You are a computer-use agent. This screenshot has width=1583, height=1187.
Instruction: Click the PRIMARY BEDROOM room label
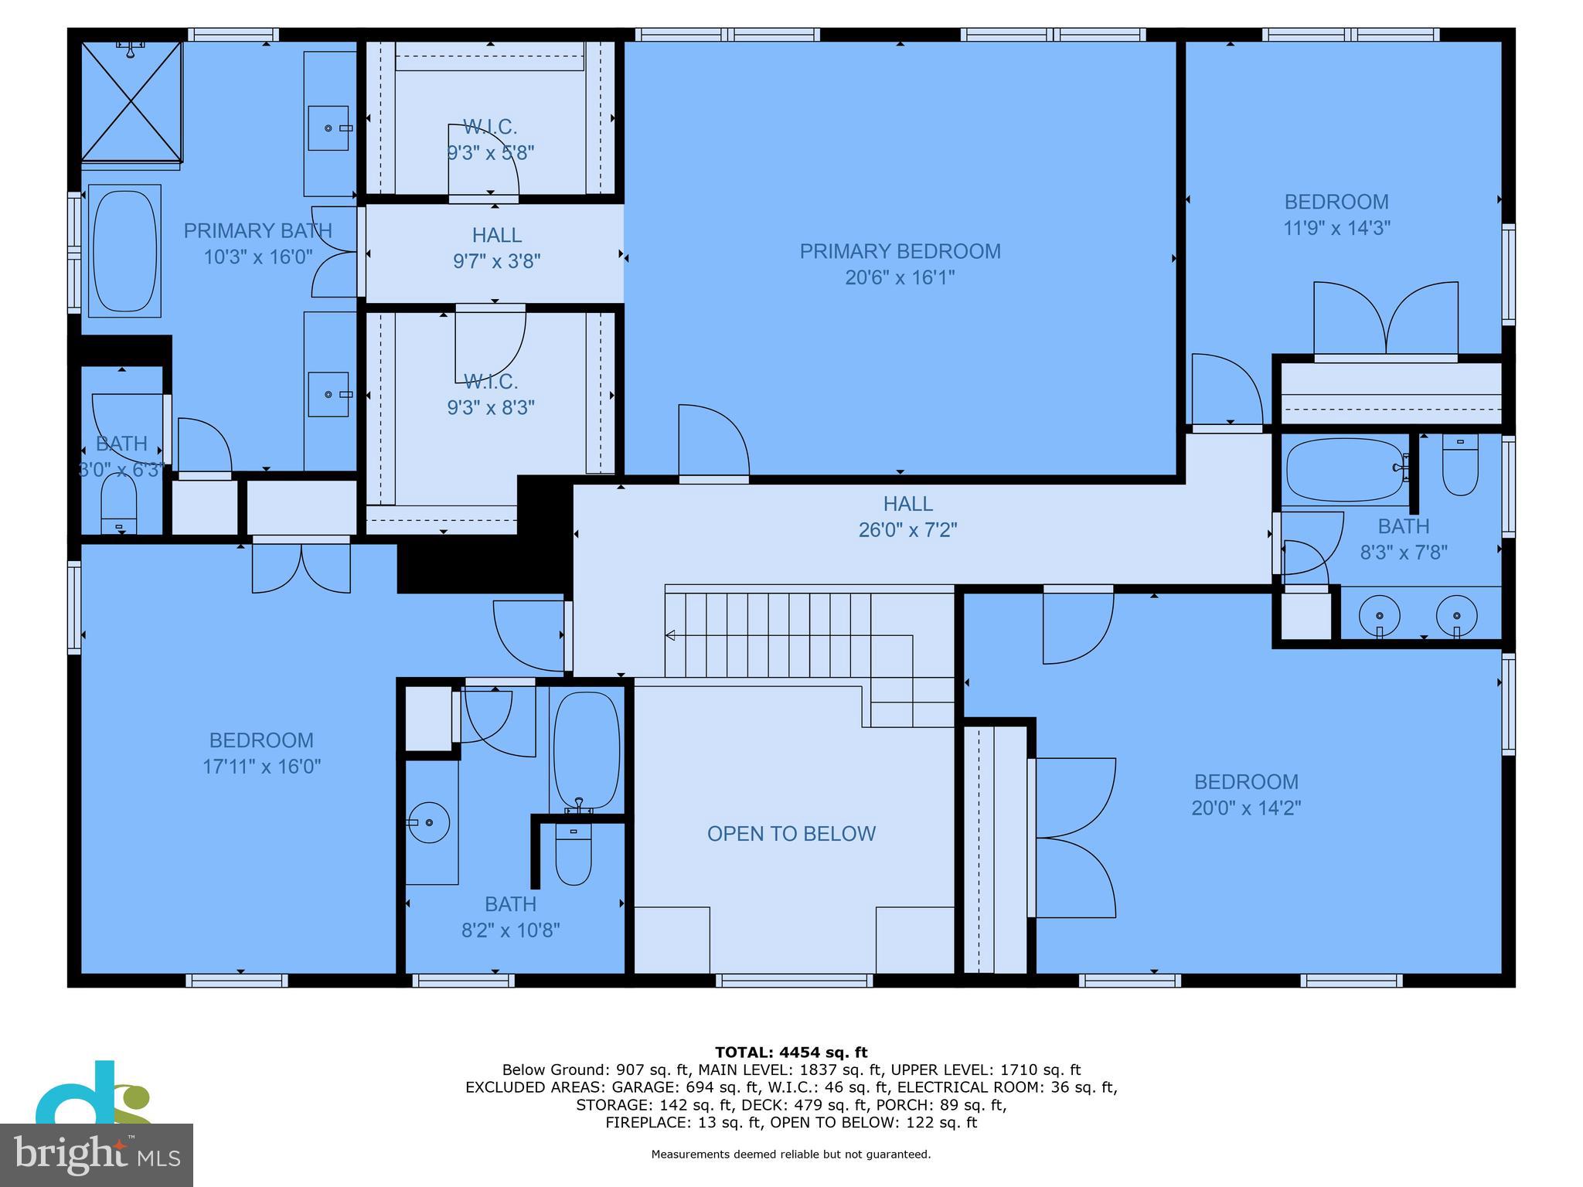click(x=900, y=251)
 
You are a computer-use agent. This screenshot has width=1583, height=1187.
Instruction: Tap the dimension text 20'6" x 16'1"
click(x=900, y=277)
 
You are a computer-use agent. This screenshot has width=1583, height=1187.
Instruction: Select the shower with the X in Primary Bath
click(x=131, y=102)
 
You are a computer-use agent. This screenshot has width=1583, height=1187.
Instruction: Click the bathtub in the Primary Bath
click(x=124, y=250)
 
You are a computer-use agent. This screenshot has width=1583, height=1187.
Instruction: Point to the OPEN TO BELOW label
click(x=791, y=834)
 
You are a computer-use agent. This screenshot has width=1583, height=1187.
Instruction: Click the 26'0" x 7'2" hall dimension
click(x=907, y=530)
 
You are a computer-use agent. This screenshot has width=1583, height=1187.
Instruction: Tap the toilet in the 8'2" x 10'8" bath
click(x=573, y=856)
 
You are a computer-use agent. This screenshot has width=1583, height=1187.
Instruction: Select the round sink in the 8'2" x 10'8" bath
click(x=429, y=823)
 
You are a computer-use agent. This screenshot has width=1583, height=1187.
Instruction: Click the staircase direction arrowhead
click(x=670, y=635)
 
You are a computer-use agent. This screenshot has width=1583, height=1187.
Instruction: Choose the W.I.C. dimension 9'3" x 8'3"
click(x=490, y=407)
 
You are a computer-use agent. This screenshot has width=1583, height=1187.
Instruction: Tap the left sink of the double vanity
click(x=1379, y=616)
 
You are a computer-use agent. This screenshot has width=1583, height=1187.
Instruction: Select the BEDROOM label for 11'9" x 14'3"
click(x=1336, y=202)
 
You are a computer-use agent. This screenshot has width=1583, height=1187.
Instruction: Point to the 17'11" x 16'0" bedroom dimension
click(x=261, y=767)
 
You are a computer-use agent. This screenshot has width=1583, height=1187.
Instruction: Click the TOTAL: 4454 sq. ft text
click(x=791, y=1052)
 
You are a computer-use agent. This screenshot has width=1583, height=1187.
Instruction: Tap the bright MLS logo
click(x=96, y=1155)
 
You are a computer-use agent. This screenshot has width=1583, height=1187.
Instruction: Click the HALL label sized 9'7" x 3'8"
click(x=497, y=235)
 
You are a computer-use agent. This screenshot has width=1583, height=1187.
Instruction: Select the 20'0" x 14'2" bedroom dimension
click(x=1246, y=808)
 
